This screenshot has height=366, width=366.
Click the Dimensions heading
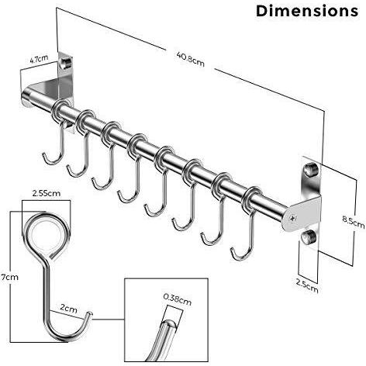pos(307,11)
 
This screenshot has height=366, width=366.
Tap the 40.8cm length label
pos(191,59)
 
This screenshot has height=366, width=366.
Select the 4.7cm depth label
pos(39,59)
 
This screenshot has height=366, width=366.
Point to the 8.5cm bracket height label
pos(354,222)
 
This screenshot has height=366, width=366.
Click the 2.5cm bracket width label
pos(307,286)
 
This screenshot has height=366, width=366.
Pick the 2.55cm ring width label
pos(47,193)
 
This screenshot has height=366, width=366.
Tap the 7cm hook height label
pos(9,277)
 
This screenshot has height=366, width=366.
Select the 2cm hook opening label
pos(68,309)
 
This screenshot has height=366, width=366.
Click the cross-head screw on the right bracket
pos(292,219)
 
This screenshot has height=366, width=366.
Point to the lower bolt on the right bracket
pos(308,237)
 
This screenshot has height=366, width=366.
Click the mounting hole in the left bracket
pos(65,63)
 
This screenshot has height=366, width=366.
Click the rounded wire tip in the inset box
pos(168,323)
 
